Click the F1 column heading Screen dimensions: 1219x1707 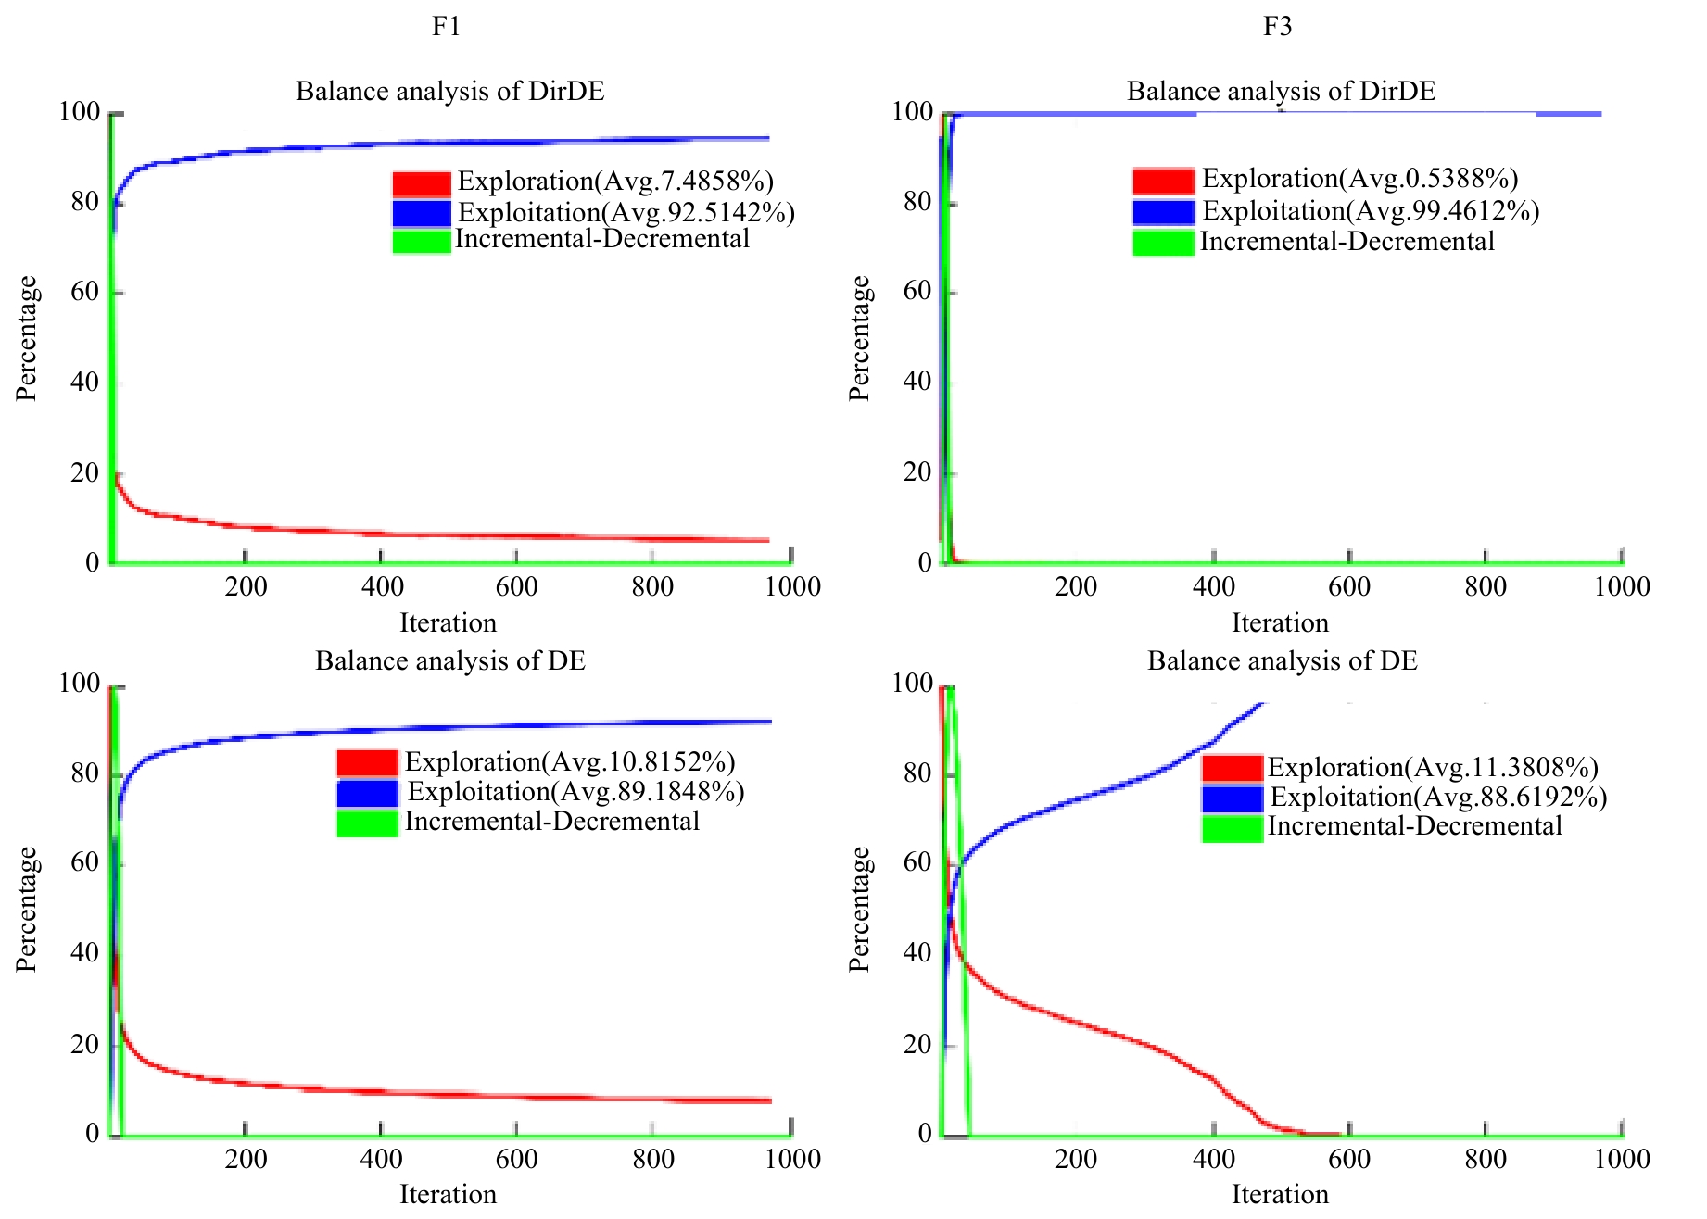coord(446,26)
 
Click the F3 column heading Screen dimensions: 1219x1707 coord(1277,26)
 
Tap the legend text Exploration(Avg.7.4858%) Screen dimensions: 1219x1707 coord(615,181)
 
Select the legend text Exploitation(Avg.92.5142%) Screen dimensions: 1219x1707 coord(626,212)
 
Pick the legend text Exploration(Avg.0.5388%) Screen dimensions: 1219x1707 coord(1359,178)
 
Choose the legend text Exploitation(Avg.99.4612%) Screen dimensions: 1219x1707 coord(1371,210)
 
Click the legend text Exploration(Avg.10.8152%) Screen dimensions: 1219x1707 coord(570,761)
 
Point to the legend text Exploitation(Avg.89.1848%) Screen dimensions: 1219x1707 coord(575,791)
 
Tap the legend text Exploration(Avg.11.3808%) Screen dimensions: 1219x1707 coord(1433,767)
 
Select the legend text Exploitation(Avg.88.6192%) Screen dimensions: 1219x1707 coord(1438,797)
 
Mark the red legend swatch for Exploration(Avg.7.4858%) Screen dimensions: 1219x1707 coord(422,183)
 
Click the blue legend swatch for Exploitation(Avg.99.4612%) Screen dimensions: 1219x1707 coord(1163,212)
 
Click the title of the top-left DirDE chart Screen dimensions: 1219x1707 coord(449,91)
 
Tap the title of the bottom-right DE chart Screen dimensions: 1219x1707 coord(1282,660)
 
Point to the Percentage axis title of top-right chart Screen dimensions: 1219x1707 coord(859,338)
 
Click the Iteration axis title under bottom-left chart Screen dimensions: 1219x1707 coord(448,1194)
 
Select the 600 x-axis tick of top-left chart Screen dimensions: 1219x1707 coord(516,586)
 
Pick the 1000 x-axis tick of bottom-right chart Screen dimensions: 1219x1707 coord(1622,1159)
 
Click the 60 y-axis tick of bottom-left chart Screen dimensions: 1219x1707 coord(84,862)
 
